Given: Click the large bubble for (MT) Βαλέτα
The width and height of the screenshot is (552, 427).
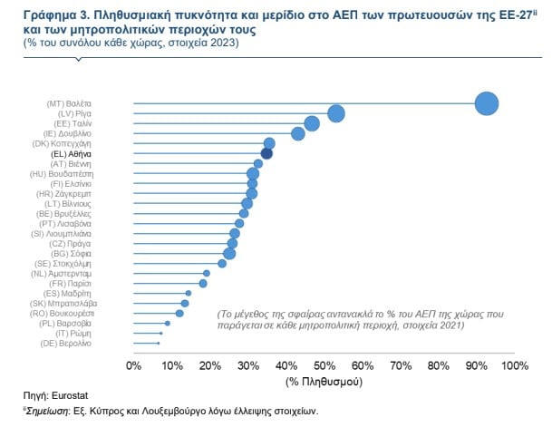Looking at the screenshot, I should (x=487, y=103).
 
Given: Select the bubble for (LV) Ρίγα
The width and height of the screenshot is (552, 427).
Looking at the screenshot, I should (x=336, y=113).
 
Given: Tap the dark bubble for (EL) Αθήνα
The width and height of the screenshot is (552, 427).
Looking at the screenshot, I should (x=266, y=153).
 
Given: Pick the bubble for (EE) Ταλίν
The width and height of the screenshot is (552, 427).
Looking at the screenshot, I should (x=312, y=123).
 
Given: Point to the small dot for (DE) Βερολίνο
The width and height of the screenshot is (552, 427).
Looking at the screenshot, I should (x=158, y=343).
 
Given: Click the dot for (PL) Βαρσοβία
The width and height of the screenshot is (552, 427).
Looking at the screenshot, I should (x=167, y=323).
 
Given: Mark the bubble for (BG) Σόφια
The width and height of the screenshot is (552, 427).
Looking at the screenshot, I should (x=229, y=253).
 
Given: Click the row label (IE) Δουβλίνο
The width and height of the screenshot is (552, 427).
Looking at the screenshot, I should (x=72, y=133).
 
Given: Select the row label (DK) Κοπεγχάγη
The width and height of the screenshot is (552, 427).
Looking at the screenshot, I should (x=68, y=143).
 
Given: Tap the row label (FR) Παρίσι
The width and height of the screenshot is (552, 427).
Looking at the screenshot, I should (x=75, y=283).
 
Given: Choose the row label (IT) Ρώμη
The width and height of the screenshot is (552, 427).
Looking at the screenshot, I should (x=76, y=333).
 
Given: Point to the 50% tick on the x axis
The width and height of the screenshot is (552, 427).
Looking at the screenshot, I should (x=324, y=365).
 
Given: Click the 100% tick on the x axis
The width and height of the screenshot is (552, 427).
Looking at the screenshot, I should (x=514, y=365).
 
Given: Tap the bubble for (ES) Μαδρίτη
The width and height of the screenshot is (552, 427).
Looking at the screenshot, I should (x=188, y=293).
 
